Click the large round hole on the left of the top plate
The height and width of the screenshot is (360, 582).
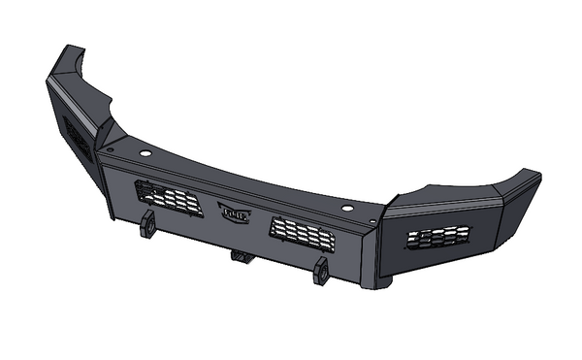[x=144, y=153]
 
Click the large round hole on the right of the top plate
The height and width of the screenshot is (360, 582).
[x=346, y=209]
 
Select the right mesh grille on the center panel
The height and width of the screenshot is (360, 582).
[x=302, y=232]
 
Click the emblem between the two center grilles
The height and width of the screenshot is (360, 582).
[x=234, y=213]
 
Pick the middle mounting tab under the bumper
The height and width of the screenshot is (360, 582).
[x=239, y=256]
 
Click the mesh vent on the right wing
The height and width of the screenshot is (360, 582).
[x=437, y=237]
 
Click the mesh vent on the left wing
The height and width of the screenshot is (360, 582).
[x=78, y=137]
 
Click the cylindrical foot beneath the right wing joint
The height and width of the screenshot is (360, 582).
[x=384, y=282]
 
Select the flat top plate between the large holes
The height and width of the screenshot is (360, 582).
[x=242, y=180]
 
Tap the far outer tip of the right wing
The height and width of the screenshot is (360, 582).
[x=536, y=175]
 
